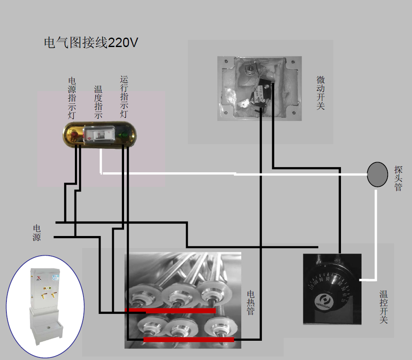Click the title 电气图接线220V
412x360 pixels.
point(91,43)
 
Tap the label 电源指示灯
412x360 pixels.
point(73,97)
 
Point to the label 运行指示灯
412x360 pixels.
point(124,97)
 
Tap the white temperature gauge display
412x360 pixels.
point(99,135)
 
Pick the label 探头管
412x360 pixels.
point(398,178)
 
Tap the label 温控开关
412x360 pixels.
point(383,307)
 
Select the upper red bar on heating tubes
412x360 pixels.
point(170,310)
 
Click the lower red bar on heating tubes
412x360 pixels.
point(189,339)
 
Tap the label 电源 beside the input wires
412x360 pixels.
point(37,233)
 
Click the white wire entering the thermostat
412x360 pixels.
point(367,280)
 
